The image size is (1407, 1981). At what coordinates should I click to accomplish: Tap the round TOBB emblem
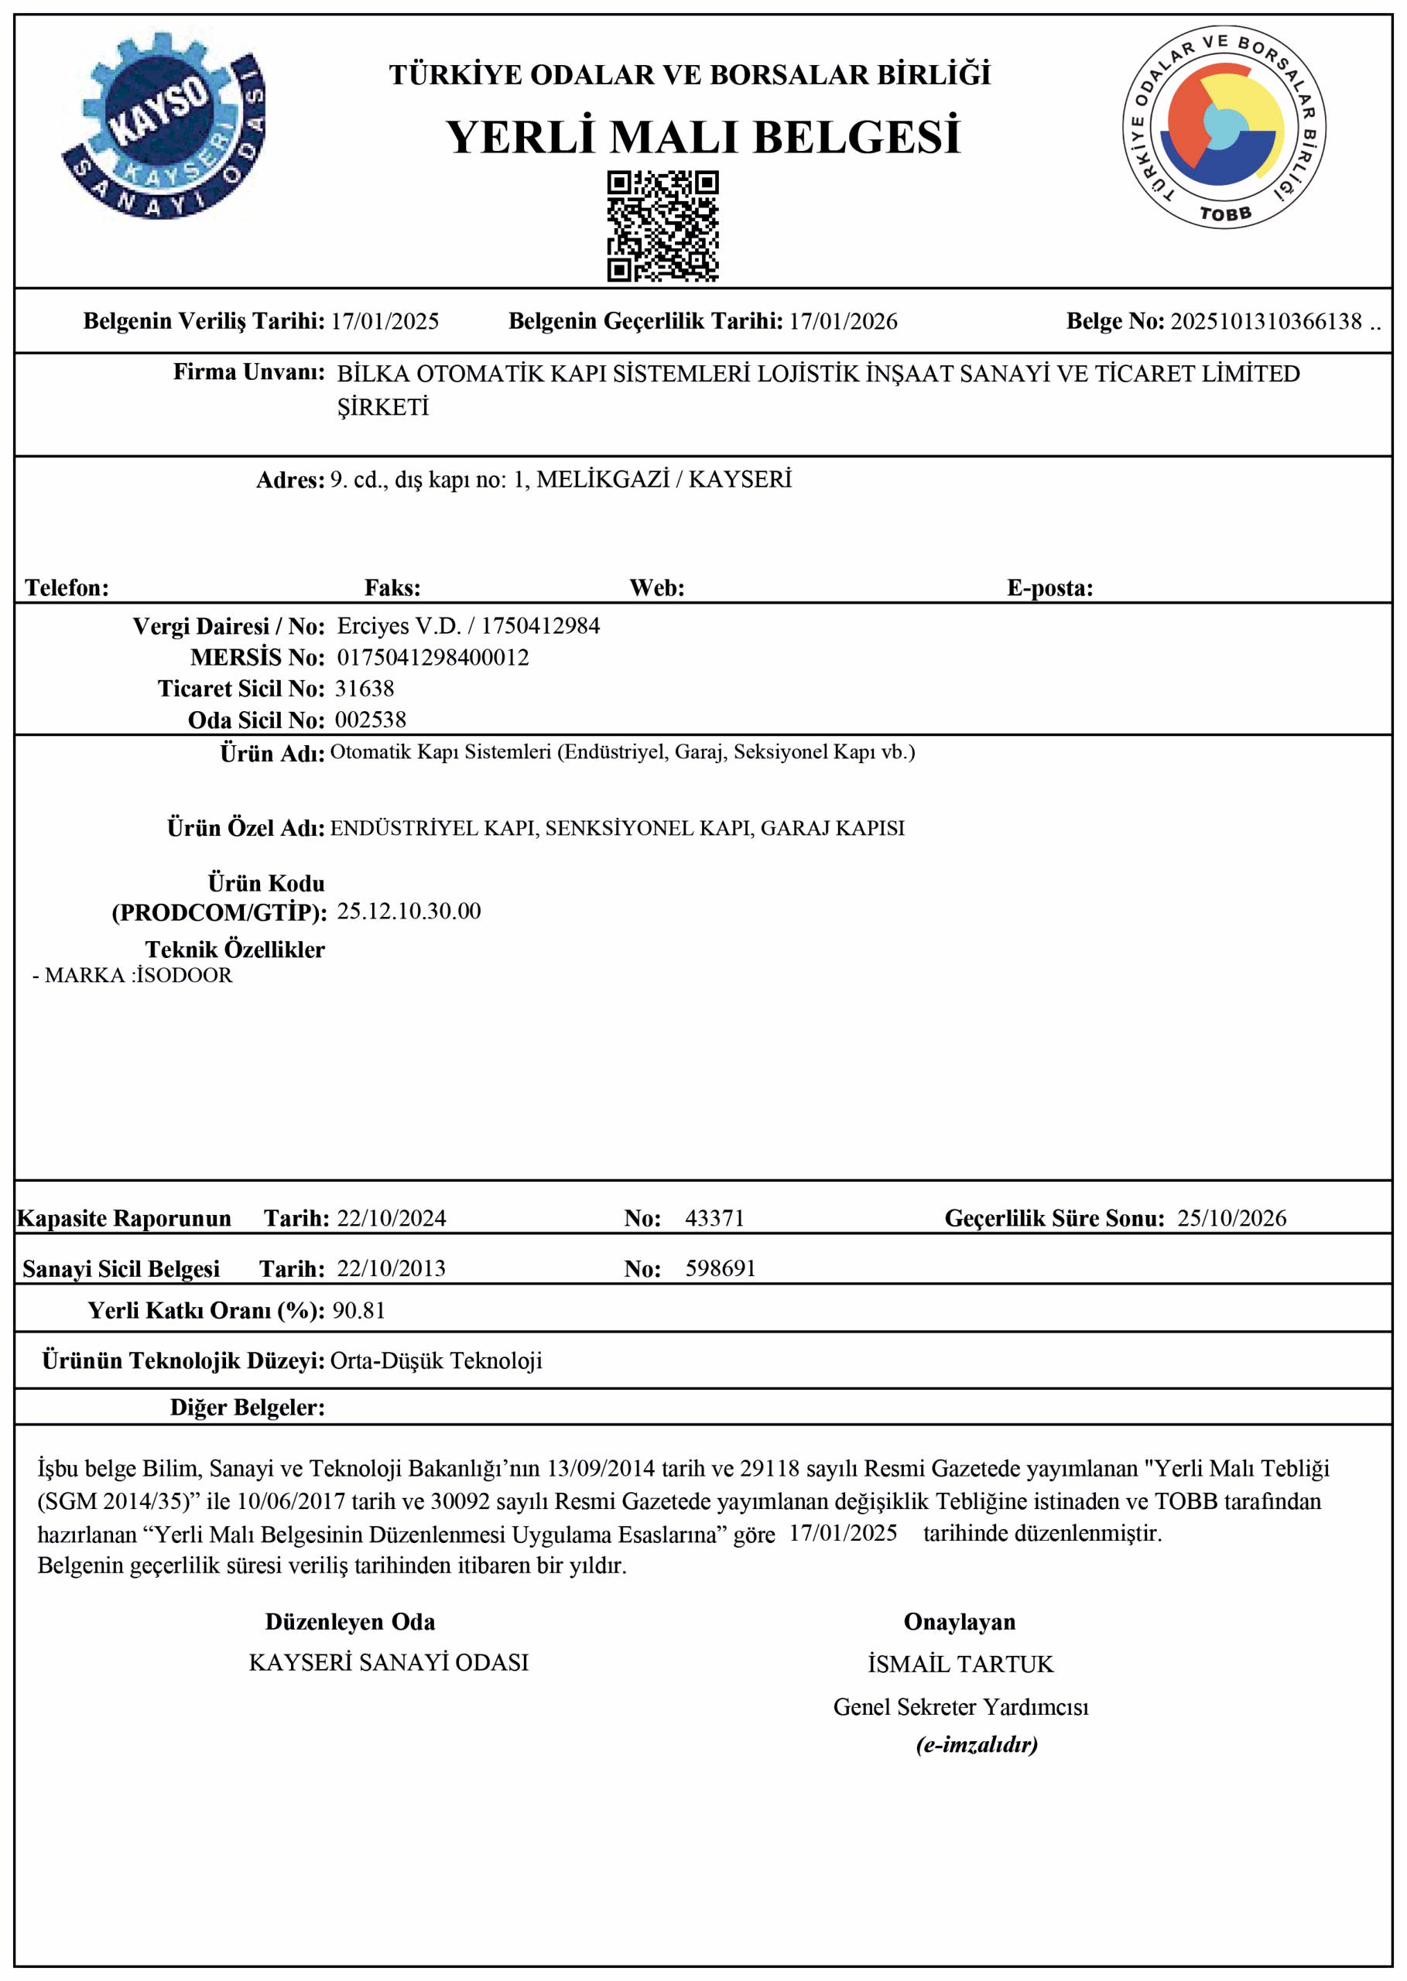(x=1224, y=128)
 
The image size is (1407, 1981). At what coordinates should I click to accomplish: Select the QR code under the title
(x=662, y=226)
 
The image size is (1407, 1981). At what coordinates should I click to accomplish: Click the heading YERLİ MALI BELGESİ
(x=703, y=138)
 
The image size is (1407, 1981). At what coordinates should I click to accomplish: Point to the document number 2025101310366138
(x=1266, y=321)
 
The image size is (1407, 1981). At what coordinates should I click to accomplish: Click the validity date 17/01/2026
(x=843, y=321)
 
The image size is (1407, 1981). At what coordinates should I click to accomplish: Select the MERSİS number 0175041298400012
(x=433, y=658)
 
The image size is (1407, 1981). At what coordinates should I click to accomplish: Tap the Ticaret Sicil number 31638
(x=365, y=689)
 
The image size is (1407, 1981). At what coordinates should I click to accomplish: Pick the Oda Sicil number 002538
(x=371, y=720)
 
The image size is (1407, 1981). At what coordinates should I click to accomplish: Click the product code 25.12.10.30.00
(x=409, y=912)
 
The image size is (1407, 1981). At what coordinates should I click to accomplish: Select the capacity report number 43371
(x=715, y=1218)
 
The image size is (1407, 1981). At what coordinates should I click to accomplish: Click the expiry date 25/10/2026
(x=1231, y=1218)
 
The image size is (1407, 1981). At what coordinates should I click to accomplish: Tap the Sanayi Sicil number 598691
(x=721, y=1268)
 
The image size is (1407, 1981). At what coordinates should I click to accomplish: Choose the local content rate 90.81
(x=358, y=1311)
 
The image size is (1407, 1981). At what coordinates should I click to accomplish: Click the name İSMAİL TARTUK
(x=960, y=1664)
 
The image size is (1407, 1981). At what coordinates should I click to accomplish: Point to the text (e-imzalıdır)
(x=977, y=1744)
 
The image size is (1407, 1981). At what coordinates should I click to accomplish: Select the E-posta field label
(x=1049, y=588)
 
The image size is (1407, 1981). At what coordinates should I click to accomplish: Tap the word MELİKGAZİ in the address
(x=603, y=480)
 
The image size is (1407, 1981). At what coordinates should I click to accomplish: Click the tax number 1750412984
(x=541, y=626)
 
